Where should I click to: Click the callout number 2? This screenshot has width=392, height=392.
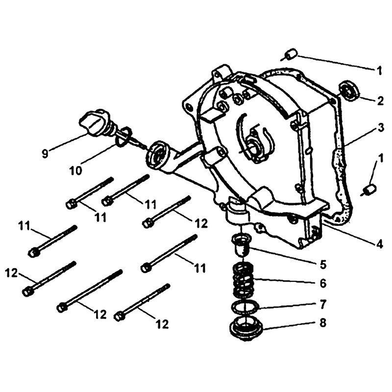tap(380, 101)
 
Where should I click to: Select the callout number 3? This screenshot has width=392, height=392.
tap(380, 127)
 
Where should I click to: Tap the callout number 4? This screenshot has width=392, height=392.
tap(379, 244)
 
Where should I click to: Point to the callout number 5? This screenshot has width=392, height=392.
tap(323, 264)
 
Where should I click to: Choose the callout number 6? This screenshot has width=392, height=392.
tap(323, 283)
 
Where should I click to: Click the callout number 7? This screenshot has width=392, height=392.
tap(323, 304)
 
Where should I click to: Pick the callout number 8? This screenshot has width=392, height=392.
tap(323, 323)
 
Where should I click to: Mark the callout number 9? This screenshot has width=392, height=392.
tap(45, 154)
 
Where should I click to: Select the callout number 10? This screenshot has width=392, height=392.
tap(76, 171)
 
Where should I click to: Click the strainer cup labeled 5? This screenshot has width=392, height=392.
tap(241, 245)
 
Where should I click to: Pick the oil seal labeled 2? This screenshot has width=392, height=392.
tap(349, 91)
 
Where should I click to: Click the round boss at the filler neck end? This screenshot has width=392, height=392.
tap(157, 156)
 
